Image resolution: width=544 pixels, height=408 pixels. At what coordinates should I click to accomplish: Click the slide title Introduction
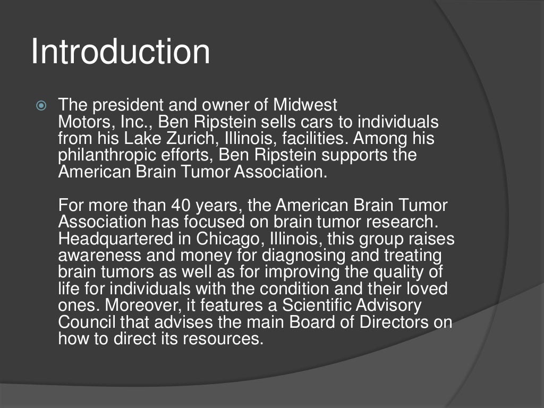click(x=120, y=52)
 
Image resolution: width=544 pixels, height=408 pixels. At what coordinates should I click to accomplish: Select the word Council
click(x=87, y=322)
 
